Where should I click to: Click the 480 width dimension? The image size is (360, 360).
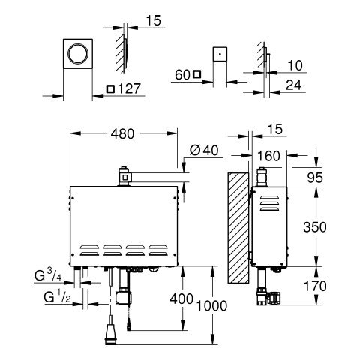(122, 134)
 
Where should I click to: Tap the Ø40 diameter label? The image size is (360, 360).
(204, 151)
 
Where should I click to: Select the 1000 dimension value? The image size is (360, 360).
(211, 306)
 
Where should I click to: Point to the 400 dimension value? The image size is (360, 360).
(181, 298)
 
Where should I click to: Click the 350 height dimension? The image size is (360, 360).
(315, 227)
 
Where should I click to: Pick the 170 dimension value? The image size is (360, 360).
(315, 286)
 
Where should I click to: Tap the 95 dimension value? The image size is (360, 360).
(315, 178)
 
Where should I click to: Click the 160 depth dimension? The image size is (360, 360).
(268, 156)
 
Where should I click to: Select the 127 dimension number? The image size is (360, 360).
(129, 88)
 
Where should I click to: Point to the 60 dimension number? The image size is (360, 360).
(182, 75)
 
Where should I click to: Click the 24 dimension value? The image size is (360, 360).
(294, 85)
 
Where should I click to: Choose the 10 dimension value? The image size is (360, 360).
(295, 65)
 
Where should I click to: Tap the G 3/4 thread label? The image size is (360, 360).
(48, 276)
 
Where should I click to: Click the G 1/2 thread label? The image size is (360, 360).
(57, 297)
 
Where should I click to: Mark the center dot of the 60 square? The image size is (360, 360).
(220, 54)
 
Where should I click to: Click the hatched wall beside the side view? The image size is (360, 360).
(238, 228)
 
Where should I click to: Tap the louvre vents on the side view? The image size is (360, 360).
(269, 203)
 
